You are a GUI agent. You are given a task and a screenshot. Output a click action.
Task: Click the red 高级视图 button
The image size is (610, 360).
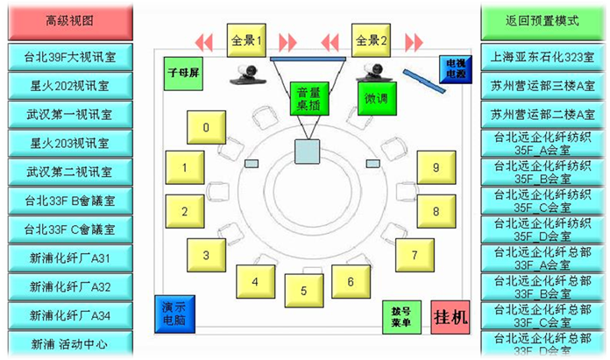coord(69,20)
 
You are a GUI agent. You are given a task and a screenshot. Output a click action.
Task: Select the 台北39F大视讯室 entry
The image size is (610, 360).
coord(69,57)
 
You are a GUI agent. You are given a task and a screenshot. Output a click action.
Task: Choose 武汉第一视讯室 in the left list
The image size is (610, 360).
coord(69,115)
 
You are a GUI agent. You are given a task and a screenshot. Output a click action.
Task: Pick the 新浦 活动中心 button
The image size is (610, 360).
coord(69,343)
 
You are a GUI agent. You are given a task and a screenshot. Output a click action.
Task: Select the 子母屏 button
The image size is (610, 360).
coord(183,70)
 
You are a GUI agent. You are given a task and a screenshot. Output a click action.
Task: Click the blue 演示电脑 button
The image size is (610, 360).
coord(173,314)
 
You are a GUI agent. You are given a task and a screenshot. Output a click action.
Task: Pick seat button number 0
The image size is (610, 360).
coord(206,128)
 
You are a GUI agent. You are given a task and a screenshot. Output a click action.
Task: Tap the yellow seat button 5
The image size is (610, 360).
coord(301,290)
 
